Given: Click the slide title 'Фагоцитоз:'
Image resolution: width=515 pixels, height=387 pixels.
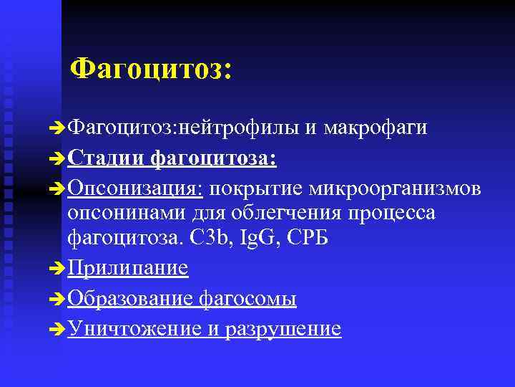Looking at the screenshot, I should [x=152, y=69].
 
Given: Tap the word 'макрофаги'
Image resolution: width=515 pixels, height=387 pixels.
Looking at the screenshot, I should [x=376, y=128].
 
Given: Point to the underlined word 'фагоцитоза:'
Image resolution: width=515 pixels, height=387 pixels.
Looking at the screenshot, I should [x=214, y=158].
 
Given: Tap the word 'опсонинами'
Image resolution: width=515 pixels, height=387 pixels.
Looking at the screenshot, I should [x=126, y=213].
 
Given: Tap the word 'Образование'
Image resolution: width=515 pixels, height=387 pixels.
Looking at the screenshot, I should [x=131, y=299].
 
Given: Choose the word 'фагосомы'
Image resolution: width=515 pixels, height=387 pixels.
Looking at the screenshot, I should [x=247, y=299].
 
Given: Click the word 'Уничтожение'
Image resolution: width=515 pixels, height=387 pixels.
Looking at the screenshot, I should [x=134, y=329].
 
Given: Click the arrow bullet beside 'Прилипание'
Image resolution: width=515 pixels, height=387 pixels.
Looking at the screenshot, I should [x=59, y=269].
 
